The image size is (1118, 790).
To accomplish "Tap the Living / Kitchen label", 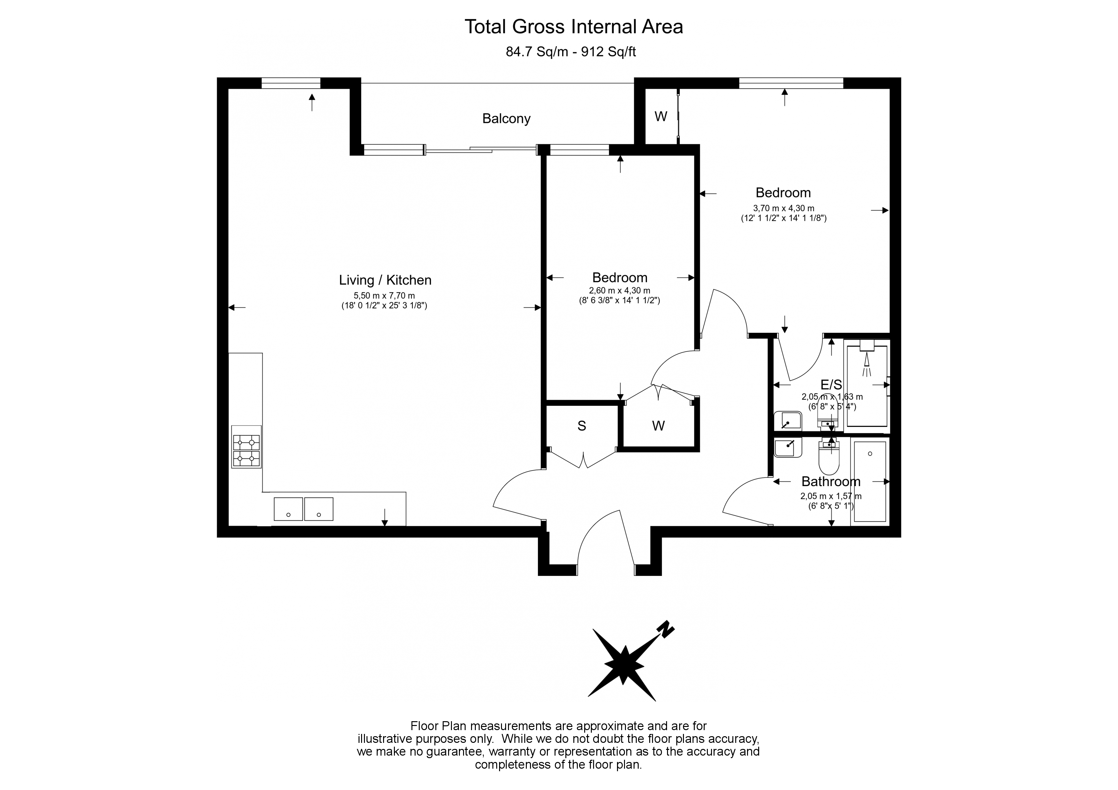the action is click(x=385, y=280).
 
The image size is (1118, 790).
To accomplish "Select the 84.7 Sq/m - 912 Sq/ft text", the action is click(x=571, y=52).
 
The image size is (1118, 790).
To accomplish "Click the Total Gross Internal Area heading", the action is click(x=574, y=27).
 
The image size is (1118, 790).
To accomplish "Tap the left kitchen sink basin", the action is click(x=288, y=509).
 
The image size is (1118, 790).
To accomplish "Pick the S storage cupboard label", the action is click(x=581, y=426).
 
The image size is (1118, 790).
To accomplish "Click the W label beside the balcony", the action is click(x=661, y=117).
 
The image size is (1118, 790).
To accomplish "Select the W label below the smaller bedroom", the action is click(x=658, y=426).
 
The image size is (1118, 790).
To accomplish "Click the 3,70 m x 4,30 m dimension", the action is click(x=783, y=208).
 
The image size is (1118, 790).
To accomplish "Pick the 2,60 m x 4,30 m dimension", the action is click(x=619, y=291).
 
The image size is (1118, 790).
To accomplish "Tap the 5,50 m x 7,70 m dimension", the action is click(x=384, y=296).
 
